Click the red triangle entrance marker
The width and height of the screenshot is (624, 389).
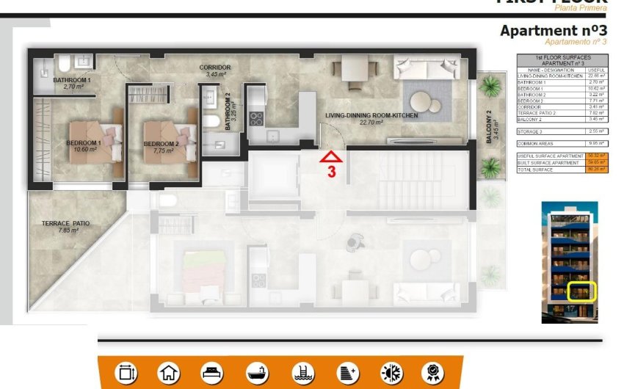pos(331,156)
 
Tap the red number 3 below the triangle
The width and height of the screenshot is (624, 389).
pos(331,172)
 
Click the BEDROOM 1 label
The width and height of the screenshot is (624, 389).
pos(83,142)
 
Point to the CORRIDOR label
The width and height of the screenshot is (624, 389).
pos(215,68)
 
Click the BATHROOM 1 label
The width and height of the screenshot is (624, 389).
pos(72,79)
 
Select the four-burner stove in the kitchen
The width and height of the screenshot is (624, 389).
pos(256,117)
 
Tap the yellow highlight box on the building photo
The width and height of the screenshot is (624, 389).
pos(583,294)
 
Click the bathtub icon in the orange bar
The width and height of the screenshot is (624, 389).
pos(256,373)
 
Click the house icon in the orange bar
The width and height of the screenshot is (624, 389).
pos(169,373)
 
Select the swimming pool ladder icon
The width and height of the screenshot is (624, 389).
pos(301,373)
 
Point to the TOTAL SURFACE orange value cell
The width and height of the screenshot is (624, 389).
pos(598,169)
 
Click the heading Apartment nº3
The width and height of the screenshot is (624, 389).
pos(554,30)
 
